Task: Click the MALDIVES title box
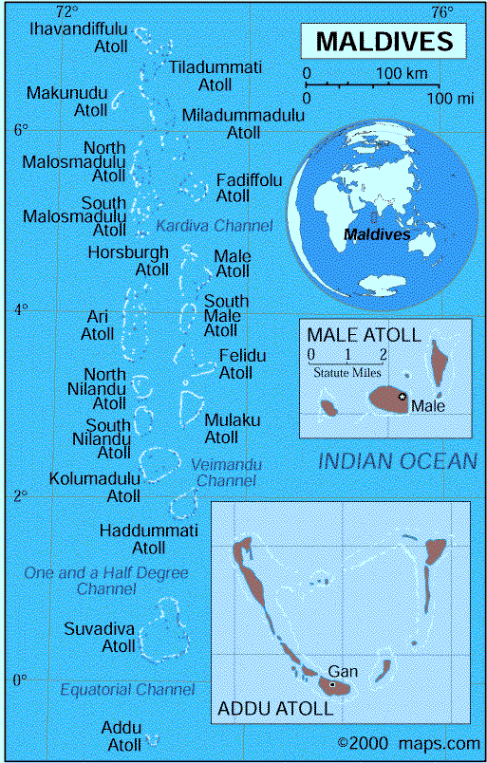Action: point(384,42)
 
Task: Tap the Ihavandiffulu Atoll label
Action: point(68,37)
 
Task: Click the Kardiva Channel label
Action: point(214,226)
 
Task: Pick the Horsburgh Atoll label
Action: point(128,261)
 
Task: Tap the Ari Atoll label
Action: point(98,325)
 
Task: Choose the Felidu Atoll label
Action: point(242,363)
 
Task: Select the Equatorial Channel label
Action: point(127,690)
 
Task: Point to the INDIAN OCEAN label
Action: point(397,462)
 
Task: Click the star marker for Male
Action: point(403,396)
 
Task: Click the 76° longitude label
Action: point(441,12)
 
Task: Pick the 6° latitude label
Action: point(20,130)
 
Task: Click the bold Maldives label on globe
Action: point(377,233)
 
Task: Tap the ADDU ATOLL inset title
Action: point(275,709)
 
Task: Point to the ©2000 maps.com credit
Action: point(409,743)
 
